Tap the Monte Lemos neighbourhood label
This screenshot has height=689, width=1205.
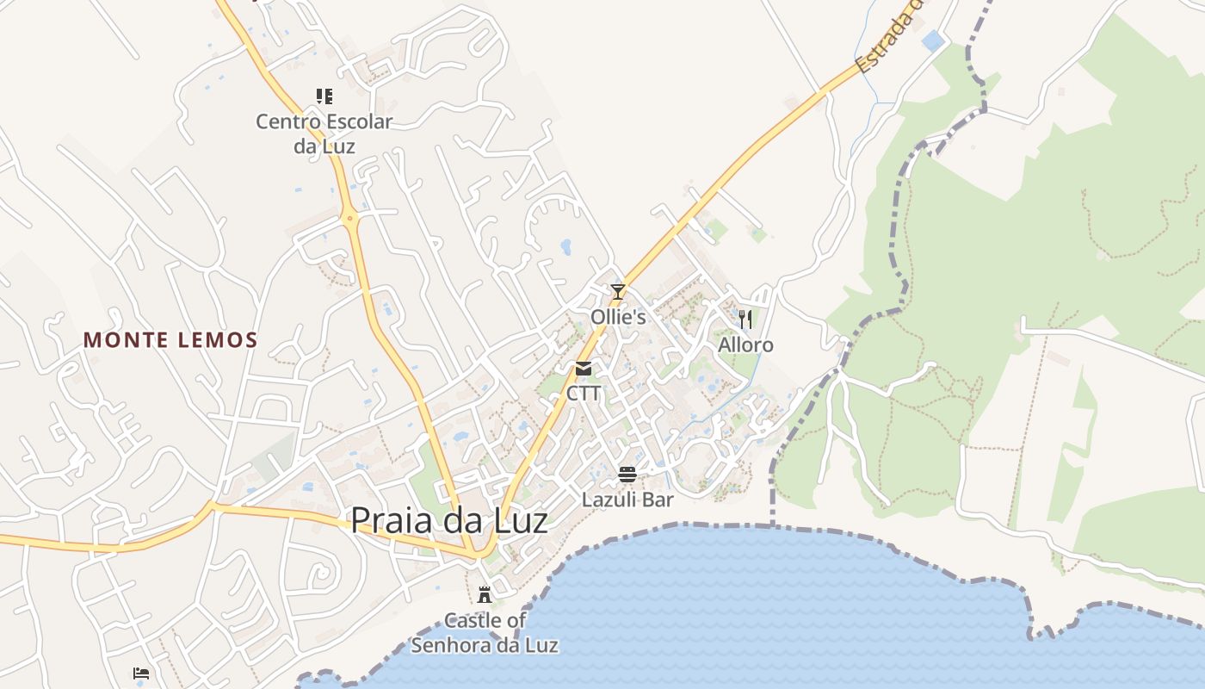tap(170, 340)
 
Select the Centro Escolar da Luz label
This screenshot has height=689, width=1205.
tap(324, 133)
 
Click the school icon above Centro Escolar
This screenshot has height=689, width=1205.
tap(324, 96)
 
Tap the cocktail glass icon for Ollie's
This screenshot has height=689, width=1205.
tap(617, 292)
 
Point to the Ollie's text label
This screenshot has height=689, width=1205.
tap(617, 317)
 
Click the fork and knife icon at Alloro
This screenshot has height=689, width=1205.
tap(745, 320)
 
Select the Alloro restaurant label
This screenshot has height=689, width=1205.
tap(745, 345)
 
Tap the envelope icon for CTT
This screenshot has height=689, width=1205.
tap(584, 369)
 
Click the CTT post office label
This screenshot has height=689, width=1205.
tap(584, 394)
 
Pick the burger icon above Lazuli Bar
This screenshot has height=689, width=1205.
tap(627, 475)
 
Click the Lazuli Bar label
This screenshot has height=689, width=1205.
tap(627, 500)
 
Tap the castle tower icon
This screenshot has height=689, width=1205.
tap(485, 594)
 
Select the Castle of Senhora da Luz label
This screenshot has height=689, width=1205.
tap(485, 632)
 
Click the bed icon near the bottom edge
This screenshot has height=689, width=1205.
tap(141, 673)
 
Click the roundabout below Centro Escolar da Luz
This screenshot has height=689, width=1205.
tap(349, 219)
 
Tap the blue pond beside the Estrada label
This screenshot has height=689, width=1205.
tap(931, 40)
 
